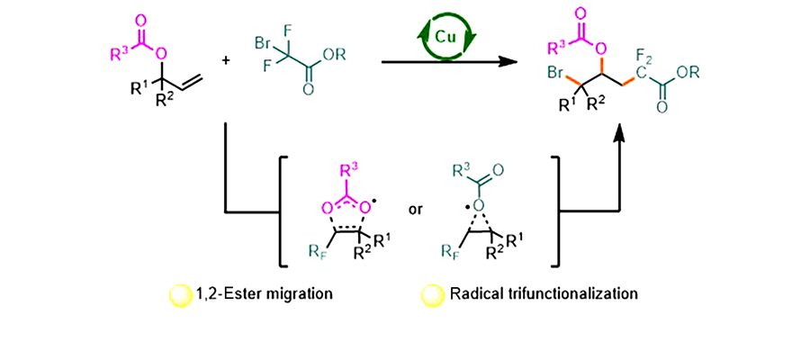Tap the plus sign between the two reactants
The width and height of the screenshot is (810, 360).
tap(224, 60)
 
